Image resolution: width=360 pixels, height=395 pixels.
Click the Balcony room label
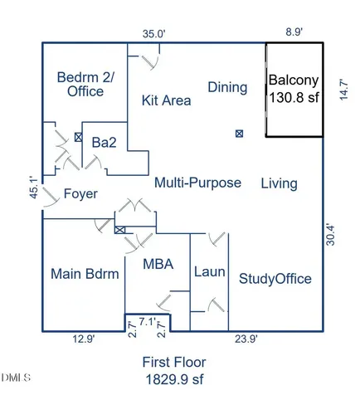point(294,80)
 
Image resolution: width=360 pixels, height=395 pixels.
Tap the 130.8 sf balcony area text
point(294,97)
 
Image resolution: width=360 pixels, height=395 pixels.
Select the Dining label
point(227,87)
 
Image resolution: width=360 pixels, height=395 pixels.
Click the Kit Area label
point(166,100)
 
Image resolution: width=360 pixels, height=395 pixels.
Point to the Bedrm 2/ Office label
point(85,84)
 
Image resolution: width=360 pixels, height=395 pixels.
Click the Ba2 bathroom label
point(104,143)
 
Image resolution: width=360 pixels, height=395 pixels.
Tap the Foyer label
point(80,193)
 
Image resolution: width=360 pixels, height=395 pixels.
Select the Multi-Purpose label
point(197,183)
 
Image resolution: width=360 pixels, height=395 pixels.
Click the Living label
point(280,183)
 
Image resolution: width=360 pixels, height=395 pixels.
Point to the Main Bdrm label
point(85,274)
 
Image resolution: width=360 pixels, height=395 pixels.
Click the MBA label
point(158,264)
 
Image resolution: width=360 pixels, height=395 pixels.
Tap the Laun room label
point(209,272)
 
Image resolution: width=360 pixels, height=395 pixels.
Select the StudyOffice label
point(275,279)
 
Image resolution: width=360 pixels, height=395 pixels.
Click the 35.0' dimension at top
point(153,34)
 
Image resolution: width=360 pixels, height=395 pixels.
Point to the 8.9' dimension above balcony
point(294,32)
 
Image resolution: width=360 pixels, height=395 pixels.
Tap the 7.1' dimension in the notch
point(148,322)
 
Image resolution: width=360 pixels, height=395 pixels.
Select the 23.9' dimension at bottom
point(246,339)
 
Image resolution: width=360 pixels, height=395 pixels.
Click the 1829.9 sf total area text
point(174,379)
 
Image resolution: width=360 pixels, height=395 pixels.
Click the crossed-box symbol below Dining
point(239,134)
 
